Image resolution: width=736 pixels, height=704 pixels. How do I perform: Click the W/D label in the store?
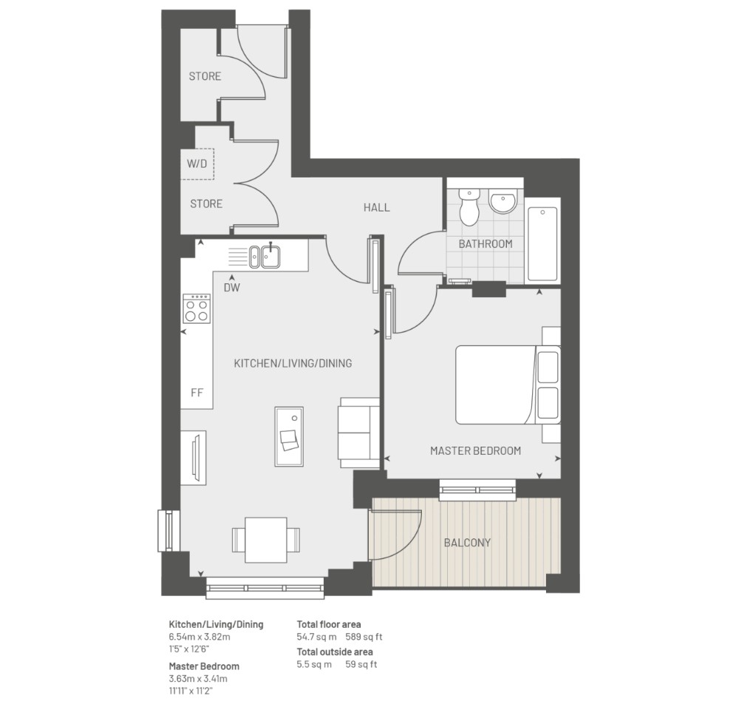pos(197,164)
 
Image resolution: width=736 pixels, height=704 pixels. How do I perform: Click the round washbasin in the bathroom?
pos(502,201)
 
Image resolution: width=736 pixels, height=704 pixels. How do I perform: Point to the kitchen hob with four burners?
pos(197,308)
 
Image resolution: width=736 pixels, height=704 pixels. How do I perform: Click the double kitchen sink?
pos(265,257)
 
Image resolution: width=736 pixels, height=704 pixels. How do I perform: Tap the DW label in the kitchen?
pos(232,288)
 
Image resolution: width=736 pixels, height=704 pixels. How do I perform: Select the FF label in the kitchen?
pos(197,393)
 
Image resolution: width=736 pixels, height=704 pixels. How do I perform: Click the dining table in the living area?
pos(266,540)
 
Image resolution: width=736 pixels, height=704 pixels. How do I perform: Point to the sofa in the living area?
pos(358,433)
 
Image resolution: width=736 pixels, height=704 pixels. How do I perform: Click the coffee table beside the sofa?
pos(289,436)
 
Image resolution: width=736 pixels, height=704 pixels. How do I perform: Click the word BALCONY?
pos(468,543)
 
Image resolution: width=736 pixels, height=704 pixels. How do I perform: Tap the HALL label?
pos(376,208)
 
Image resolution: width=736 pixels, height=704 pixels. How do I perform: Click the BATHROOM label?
pos(485,244)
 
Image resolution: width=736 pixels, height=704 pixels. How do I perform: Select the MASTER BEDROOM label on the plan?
pos(475,451)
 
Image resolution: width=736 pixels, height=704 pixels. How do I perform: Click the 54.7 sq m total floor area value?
pos(316,637)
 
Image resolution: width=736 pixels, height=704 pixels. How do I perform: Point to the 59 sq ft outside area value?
pos(361,664)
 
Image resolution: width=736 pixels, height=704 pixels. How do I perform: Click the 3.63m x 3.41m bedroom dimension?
pos(198,679)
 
